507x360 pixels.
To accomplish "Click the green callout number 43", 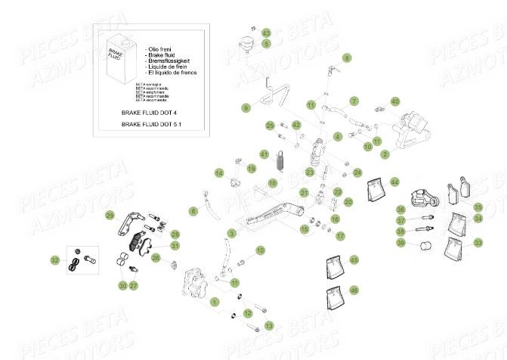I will tap(265, 33).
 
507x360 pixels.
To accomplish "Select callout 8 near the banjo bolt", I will tap(347, 57).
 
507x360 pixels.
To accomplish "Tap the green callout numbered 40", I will tap(394, 101).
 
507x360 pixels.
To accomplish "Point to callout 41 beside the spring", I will tap(264, 154).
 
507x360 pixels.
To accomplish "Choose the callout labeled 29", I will tap(110, 216).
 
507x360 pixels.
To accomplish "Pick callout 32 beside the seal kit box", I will tap(55, 260).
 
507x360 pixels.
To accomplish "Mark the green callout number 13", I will tap(269, 325).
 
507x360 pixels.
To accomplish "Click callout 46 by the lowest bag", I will tap(354, 290).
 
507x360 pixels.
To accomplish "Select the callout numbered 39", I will tap(401, 244).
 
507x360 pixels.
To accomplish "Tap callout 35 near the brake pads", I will tap(478, 207).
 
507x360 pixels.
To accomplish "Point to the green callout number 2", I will tap(385, 154).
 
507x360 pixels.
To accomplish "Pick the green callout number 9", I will tap(246, 109).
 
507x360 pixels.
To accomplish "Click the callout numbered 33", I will tap(478, 244).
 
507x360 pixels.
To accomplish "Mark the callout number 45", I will tap(354, 260).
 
